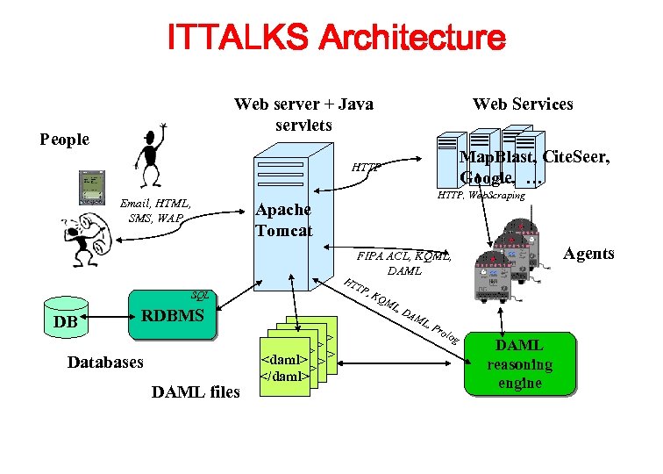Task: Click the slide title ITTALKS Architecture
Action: pyautogui.click(x=336, y=38)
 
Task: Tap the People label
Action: pyautogui.click(x=65, y=140)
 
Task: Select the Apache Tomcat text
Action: pyautogui.click(x=283, y=220)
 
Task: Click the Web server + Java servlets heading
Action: pyautogui.click(x=303, y=114)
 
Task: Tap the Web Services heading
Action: pyautogui.click(x=523, y=104)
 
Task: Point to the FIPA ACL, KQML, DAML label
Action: pyautogui.click(x=404, y=263)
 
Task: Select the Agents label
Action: pyautogui.click(x=588, y=254)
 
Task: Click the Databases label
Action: pyautogui.click(x=105, y=362)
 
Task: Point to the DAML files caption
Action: pyautogui.click(x=196, y=391)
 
